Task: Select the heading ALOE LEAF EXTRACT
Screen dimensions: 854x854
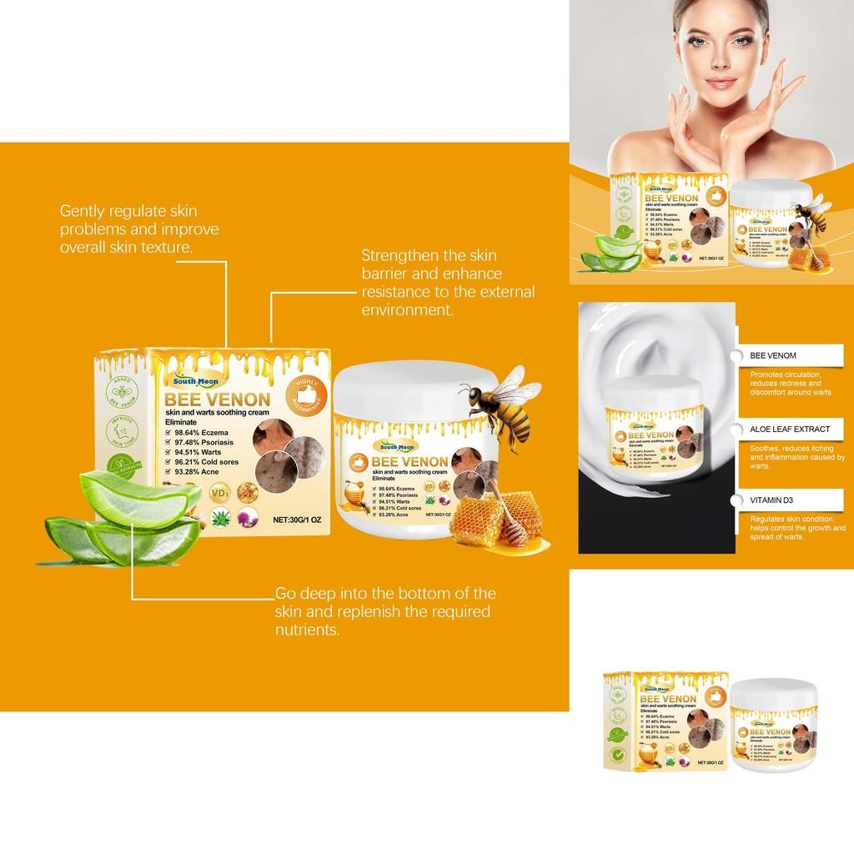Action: click(x=790, y=429)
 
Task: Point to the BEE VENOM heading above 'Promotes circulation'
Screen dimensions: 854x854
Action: click(x=773, y=356)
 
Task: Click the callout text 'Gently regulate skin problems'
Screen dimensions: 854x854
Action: click(x=138, y=229)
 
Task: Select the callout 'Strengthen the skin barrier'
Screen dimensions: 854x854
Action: click(x=447, y=282)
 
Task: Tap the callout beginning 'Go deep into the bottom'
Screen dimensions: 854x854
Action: click(x=384, y=611)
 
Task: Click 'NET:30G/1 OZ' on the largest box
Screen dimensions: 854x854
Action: click(x=299, y=519)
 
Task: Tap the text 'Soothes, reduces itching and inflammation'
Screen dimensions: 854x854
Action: click(x=797, y=458)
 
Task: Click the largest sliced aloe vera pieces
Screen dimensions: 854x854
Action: click(x=117, y=517)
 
